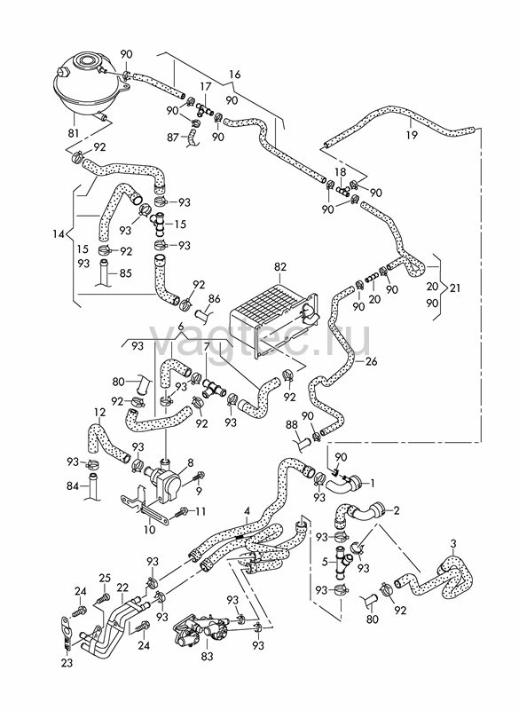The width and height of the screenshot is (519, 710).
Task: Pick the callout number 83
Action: coord(207,655)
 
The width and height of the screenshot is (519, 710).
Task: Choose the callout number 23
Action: coord(67,662)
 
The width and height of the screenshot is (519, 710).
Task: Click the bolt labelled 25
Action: coord(102,597)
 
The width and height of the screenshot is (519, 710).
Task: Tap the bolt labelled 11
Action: coord(178,513)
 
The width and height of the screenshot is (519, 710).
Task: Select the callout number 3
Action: coord(454,543)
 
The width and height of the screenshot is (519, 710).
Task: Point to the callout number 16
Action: coord(235,75)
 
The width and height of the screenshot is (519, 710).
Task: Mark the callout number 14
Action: coord(59,234)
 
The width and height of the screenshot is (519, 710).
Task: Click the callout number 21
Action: coord(455,288)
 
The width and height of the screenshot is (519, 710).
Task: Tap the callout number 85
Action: coord(125,273)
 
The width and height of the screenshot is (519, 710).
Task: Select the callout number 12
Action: coord(100,413)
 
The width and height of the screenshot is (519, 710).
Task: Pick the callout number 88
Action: coord(292,424)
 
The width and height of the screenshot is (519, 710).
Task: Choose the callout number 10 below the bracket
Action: coord(149,529)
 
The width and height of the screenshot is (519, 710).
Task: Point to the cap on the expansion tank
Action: coord(85,59)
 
